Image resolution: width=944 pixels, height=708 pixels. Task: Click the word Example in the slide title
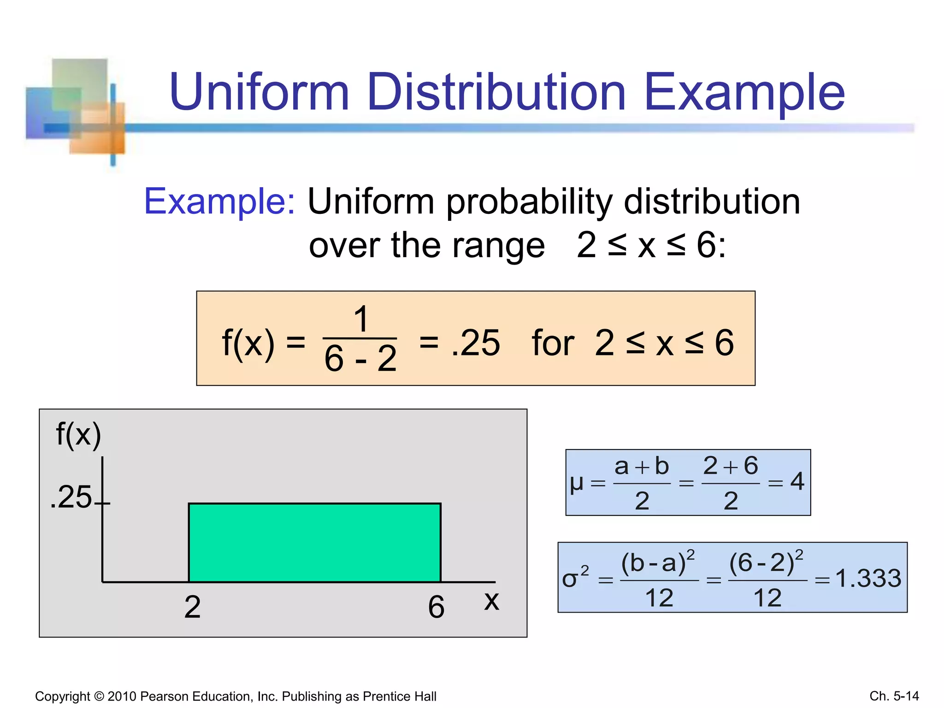click(744, 94)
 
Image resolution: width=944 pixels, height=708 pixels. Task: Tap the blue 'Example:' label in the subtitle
click(219, 202)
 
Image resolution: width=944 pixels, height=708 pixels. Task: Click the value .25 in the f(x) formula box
click(475, 343)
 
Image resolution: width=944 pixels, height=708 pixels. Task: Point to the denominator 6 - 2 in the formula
click(360, 359)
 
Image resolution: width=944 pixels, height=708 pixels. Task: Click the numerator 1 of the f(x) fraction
click(361, 319)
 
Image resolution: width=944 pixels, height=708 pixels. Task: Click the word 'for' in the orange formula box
click(553, 343)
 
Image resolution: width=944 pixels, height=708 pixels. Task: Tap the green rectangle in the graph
click(315, 543)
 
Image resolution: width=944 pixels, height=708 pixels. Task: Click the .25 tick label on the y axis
click(71, 497)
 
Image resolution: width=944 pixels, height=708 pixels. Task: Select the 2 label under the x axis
click(192, 607)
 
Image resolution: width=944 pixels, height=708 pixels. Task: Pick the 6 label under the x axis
click(436, 607)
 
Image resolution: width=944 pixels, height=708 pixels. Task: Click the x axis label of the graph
click(491, 601)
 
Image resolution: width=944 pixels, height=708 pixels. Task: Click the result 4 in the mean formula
click(797, 482)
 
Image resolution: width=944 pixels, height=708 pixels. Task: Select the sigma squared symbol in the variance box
click(574, 578)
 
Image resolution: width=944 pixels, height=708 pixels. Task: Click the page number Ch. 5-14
click(894, 696)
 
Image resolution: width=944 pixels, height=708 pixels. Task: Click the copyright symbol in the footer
click(99, 696)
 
